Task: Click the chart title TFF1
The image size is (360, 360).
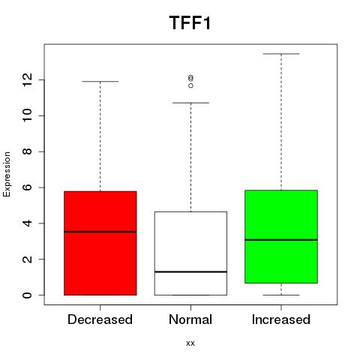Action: click(x=190, y=22)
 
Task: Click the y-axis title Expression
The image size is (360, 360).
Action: click(x=7, y=174)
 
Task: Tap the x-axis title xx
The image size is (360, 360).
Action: click(x=190, y=343)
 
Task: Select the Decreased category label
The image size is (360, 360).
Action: click(x=100, y=319)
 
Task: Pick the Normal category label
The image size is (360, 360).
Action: click(x=190, y=319)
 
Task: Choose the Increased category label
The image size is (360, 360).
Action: click(x=281, y=319)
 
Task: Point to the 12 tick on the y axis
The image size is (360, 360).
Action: click(x=28, y=80)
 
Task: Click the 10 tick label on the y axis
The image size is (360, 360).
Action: click(x=28, y=115)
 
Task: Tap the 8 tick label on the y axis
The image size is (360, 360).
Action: click(x=28, y=151)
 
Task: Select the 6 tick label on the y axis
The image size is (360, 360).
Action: click(x=28, y=187)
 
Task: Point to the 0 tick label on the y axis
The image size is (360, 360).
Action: click(x=28, y=295)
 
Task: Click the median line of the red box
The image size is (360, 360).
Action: click(x=100, y=232)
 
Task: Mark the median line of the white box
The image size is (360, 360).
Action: click(x=190, y=271)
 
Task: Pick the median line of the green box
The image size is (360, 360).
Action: click(x=281, y=240)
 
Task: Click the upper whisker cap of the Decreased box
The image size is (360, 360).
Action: click(x=100, y=81)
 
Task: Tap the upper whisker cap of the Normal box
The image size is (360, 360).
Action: click(x=190, y=103)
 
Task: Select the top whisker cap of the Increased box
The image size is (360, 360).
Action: click(x=281, y=54)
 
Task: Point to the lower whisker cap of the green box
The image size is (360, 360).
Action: click(x=281, y=295)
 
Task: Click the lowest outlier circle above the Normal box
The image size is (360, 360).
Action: click(x=190, y=85)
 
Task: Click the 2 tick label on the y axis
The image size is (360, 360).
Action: click(x=28, y=259)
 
